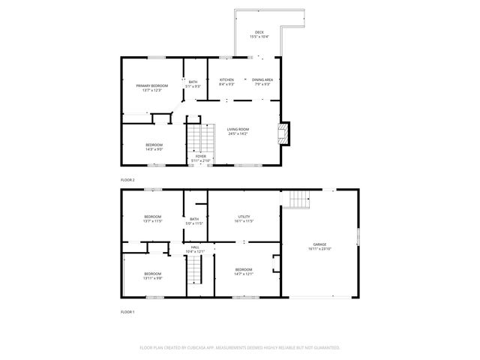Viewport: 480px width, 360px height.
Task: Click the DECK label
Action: coord(259,32)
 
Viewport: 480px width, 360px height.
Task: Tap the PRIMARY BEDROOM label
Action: coord(152,85)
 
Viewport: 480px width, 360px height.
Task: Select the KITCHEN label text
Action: coord(226,79)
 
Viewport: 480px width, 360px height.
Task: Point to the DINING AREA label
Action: coord(262,79)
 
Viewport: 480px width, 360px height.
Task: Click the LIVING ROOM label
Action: coord(238,129)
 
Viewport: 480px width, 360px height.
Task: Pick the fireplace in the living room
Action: coord(283,134)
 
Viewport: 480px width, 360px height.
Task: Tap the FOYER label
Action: coord(201,156)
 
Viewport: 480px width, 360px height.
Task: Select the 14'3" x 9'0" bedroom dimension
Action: coord(154,149)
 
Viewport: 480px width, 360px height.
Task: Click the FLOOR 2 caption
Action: coord(127,180)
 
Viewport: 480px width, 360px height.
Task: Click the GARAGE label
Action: coord(319,244)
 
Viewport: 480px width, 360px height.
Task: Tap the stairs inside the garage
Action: coord(298,199)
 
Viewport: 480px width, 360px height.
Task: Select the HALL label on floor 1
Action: coord(195,247)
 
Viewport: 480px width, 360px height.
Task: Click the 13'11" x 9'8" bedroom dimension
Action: coord(153,278)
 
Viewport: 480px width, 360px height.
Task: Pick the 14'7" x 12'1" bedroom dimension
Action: coord(244,274)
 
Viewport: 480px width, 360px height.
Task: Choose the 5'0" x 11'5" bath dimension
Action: coord(194,223)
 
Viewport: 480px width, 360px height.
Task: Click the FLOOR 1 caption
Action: coord(127,311)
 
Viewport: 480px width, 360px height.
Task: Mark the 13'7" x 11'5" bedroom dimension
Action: coord(153,221)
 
